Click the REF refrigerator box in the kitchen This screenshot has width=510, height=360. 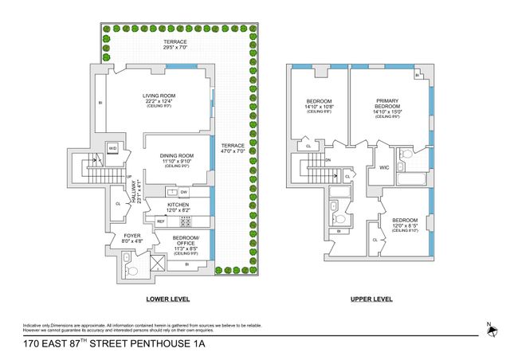pos(160,221)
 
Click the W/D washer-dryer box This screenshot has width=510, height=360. pos(112,148)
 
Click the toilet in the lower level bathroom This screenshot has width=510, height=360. pos(132,271)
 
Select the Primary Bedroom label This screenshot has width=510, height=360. pos(389,108)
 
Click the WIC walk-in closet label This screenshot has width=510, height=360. pos(382,166)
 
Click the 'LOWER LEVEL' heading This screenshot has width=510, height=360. pos(167,299)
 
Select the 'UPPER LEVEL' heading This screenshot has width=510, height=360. pos(371,299)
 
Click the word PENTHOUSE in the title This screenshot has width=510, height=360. pos(142,345)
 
